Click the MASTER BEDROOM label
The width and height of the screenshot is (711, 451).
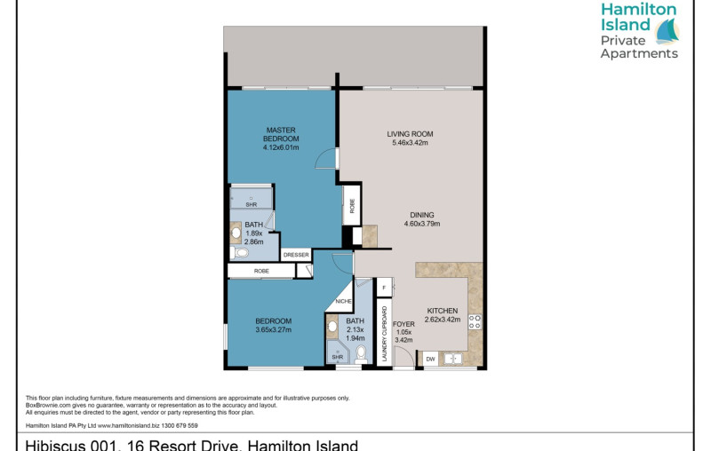pyautogui.click(x=281, y=135)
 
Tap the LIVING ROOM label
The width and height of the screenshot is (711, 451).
pyautogui.click(x=409, y=134)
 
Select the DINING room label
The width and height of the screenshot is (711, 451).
pyautogui.click(x=422, y=214)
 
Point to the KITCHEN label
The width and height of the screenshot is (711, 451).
pyautogui.click(x=442, y=311)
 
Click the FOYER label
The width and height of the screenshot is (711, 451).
pyautogui.click(x=404, y=325)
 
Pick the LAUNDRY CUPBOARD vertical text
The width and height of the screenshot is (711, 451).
pyautogui.click(x=384, y=334)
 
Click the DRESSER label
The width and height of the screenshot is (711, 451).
pyautogui.click(x=296, y=255)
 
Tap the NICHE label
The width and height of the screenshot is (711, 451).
pyautogui.click(x=344, y=302)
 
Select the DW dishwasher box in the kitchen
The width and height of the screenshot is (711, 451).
pyautogui.click(x=430, y=359)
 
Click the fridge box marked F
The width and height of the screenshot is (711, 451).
pyautogui.click(x=383, y=289)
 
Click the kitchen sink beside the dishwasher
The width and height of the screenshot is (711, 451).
pyautogui.click(x=453, y=359)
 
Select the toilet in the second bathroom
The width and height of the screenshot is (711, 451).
pyautogui.click(x=360, y=354)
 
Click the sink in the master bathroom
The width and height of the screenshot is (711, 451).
pyautogui.click(x=236, y=233)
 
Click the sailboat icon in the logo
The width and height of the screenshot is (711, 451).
pyautogui.click(x=667, y=32)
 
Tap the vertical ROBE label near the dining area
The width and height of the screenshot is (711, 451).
pyautogui.click(x=353, y=206)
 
